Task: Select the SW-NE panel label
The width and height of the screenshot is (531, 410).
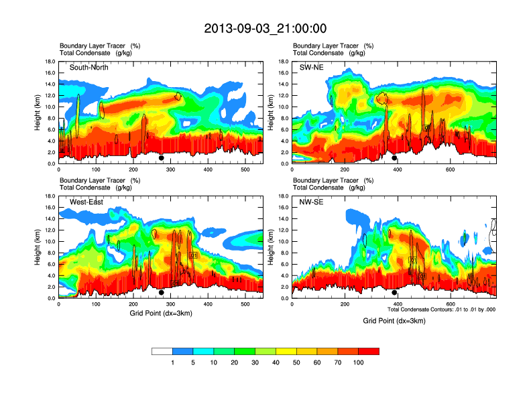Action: [311, 68]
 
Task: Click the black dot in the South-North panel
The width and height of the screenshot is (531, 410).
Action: [161, 158]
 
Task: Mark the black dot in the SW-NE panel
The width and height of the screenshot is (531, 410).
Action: [394, 158]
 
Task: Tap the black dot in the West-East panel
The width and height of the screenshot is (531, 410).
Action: [161, 293]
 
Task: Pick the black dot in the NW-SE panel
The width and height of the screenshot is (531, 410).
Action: [394, 293]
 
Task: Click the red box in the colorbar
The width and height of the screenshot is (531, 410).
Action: [369, 351]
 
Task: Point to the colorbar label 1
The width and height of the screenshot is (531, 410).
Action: [172, 362]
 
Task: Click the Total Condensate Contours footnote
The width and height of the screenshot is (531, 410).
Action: [441, 310]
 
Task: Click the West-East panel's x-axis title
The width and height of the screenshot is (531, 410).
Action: [161, 313]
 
